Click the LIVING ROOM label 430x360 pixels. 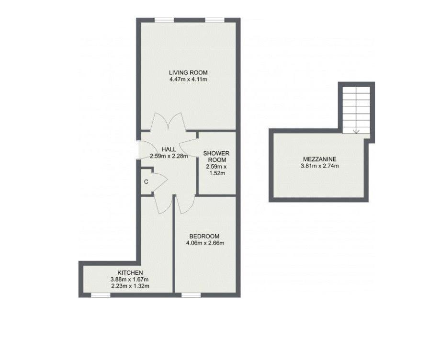pyautogui.click(x=188, y=73)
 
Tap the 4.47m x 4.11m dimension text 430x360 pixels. pyautogui.click(x=188, y=79)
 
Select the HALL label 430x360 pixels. pyautogui.click(x=169, y=149)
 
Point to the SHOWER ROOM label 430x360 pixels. pyautogui.click(x=216, y=156)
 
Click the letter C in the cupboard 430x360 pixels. pyautogui.click(x=146, y=181)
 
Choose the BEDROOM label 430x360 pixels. pyautogui.click(x=204, y=236)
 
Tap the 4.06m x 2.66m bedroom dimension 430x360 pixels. pyautogui.click(x=205, y=243)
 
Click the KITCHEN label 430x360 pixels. pyautogui.click(x=130, y=273)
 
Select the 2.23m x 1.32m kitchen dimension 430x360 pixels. pyautogui.click(x=130, y=286)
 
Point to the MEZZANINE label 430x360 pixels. pyautogui.click(x=320, y=159)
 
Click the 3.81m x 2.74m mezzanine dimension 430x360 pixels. pyautogui.click(x=320, y=166)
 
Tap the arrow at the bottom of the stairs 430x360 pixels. pyautogui.click(x=356, y=131)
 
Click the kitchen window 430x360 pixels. pyautogui.click(x=101, y=295)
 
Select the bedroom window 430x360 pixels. pyautogui.click(x=191, y=295)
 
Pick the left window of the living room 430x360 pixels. pyautogui.click(x=164, y=20)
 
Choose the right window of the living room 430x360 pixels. pyautogui.click(x=215, y=20)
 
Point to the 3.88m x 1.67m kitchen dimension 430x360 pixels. pyautogui.click(x=130, y=280)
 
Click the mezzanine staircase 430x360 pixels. pyautogui.click(x=356, y=110)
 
